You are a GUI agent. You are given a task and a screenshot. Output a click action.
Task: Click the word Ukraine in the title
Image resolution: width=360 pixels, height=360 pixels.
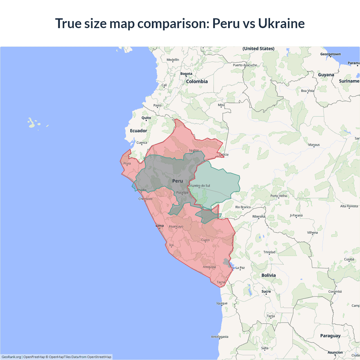281,23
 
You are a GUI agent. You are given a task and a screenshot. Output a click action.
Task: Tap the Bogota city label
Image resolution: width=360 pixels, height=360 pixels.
186,74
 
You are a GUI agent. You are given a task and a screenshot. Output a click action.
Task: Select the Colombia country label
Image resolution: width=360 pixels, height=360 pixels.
197,82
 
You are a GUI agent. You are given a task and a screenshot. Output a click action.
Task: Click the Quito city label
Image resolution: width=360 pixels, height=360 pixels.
146,118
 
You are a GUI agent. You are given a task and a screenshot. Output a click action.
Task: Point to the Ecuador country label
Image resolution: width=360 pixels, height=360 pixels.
138,131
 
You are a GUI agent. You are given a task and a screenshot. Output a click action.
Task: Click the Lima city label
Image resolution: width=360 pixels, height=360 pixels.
160,226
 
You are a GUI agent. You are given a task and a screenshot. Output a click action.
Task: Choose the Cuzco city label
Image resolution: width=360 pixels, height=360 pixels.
205,240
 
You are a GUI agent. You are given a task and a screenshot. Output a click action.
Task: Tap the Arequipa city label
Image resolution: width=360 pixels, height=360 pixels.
209,267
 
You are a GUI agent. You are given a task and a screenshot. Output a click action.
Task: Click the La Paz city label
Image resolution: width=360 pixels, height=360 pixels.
240,268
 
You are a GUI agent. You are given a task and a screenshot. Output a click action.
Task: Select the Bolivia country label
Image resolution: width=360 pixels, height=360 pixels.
269,275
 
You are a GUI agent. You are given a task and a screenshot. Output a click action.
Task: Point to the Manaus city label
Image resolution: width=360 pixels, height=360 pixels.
314,145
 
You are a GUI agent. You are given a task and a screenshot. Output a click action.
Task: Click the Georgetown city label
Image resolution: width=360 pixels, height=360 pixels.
330,54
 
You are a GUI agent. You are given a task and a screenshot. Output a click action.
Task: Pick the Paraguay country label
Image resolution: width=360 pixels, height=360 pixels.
330,336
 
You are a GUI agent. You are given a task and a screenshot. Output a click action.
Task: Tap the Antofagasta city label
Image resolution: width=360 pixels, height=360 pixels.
220,337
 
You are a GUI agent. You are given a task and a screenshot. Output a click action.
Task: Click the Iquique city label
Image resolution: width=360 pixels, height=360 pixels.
222,303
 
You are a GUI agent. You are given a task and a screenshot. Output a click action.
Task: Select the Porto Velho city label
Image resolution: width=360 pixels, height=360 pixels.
279,196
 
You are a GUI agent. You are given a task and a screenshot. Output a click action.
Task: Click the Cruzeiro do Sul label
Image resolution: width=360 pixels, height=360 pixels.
199,186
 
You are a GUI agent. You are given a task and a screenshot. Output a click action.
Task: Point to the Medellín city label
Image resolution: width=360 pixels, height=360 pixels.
173,60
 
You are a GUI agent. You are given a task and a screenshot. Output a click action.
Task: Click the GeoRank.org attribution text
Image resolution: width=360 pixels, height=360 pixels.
11,357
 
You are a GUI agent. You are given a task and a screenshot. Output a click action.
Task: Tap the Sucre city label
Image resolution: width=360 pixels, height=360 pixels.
266,291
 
